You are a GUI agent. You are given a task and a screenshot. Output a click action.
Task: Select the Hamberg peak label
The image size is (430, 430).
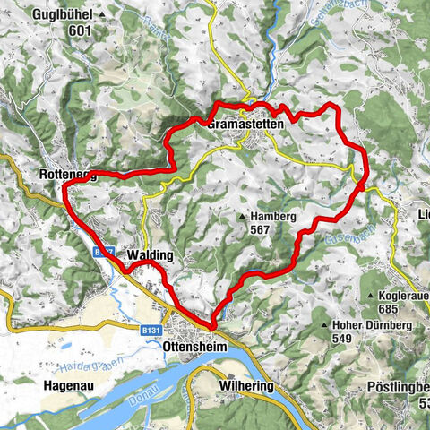click(273, 216)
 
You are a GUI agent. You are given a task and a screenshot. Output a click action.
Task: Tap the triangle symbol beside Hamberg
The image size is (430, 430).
click(243, 217)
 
